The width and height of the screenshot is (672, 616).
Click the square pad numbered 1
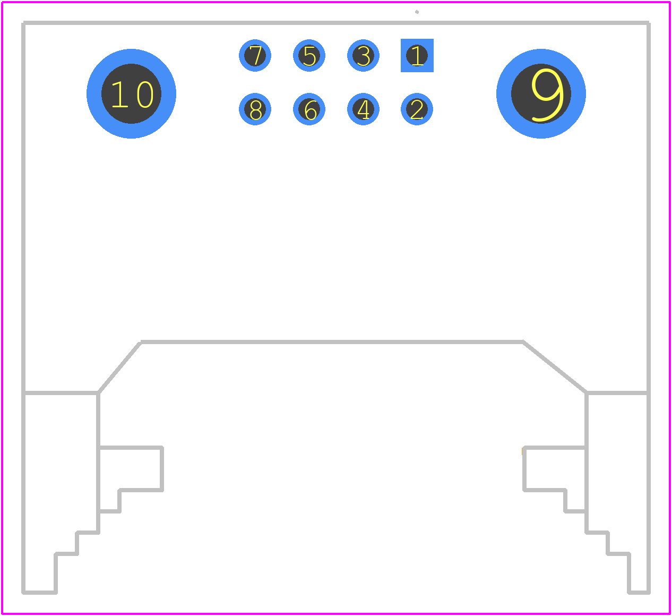(x=417, y=55)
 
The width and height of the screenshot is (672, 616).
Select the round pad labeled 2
(x=417, y=109)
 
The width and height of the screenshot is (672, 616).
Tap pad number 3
(x=363, y=55)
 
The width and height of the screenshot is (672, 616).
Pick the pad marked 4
(x=363, y=109)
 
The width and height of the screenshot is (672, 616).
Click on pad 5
(x=309, y=55)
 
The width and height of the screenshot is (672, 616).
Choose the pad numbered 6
(x=309, y=109)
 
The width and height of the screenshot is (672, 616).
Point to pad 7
(x=255, y=55)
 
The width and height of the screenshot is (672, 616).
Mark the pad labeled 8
(x=255, y=109)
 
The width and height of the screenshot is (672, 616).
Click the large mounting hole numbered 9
(x=541, y=93)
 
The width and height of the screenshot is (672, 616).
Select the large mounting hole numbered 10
(x=131, y=93)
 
